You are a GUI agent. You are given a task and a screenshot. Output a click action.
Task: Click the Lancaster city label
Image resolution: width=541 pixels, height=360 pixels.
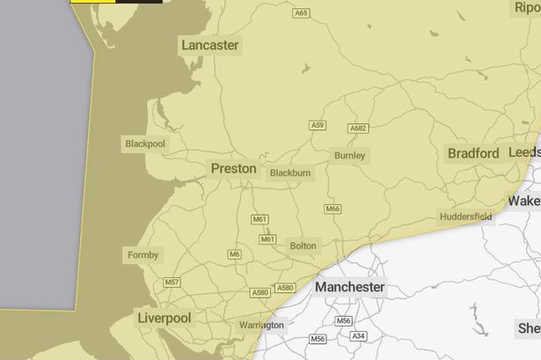click(209, 45)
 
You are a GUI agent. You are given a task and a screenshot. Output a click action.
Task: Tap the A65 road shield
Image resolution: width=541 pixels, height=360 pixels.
click(302, 13)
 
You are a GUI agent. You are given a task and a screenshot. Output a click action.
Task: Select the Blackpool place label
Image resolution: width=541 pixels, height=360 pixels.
click(144, 143)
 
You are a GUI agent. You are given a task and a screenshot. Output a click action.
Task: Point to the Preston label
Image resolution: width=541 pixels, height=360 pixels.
click(234, 168)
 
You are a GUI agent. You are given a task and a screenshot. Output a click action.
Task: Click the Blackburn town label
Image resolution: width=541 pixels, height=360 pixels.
click(290, 173)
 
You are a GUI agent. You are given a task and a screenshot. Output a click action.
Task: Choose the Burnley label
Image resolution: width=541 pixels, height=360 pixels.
click(349, 156)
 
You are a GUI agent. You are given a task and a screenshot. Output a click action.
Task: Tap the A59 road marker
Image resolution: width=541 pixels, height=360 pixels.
click(318, 126)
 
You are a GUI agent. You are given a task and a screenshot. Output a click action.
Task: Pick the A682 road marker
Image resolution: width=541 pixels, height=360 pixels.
click(358, 129)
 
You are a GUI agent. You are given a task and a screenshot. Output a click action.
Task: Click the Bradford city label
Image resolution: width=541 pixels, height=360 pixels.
click(473, 153)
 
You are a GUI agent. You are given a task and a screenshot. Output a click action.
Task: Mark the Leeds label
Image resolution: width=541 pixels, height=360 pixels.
click(525, 152)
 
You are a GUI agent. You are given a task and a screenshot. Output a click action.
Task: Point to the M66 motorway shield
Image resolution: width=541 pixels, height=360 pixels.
click(333, 209)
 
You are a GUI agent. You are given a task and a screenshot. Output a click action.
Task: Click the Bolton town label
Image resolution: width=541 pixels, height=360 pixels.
click(303, 246)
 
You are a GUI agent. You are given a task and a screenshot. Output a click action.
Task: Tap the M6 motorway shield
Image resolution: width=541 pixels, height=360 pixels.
click(234, 254)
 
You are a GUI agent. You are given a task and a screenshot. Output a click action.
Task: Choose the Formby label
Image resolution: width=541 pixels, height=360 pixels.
click(143, 255)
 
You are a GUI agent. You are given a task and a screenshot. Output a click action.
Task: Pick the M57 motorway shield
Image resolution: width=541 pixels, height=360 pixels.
click(172, 283)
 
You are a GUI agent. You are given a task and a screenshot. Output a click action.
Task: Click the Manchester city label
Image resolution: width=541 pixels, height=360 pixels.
click(349, 287)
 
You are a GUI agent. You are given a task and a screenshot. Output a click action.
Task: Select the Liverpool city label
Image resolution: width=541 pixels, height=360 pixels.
click(164, 317)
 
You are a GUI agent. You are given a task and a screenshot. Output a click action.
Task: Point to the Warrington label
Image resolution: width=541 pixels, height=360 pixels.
click(262, 325)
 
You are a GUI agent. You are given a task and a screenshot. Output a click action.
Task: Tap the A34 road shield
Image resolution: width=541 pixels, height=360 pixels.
click(358, 336)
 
